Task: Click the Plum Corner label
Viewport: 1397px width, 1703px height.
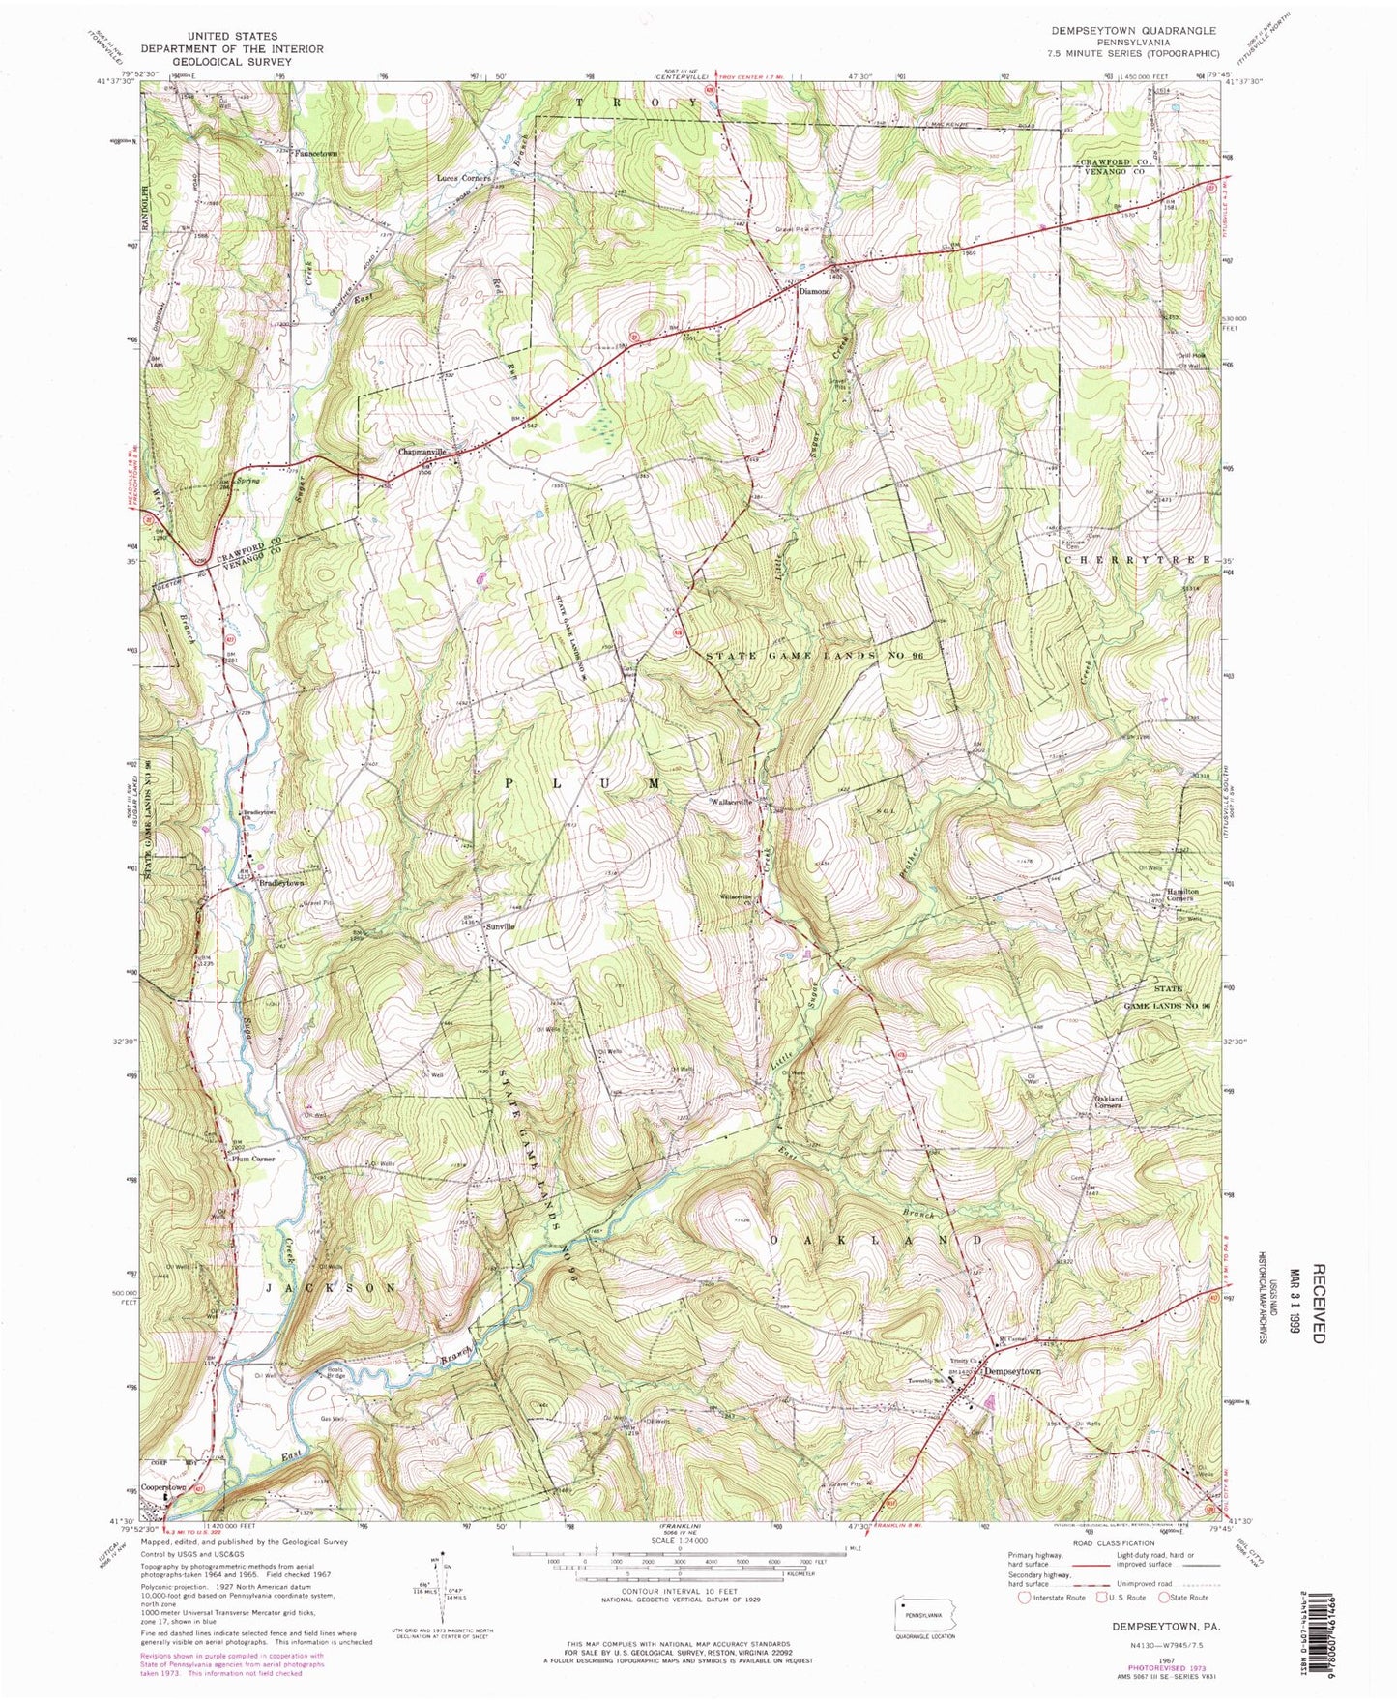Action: [x=253, y=1158]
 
